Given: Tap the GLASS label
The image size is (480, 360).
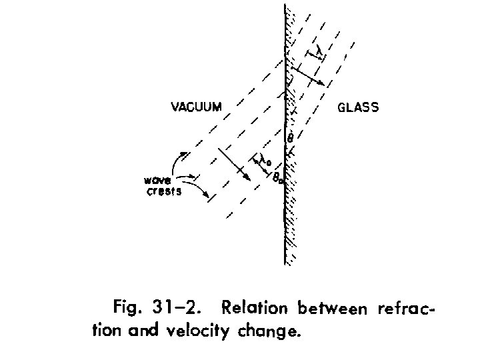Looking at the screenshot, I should (x=359, y=107).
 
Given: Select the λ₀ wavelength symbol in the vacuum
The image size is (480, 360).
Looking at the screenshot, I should (x=265, y=161).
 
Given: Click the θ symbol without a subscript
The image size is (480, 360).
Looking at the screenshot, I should (x=290, y=138).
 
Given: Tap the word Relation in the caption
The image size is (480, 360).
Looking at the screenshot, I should (x=255, y=309).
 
